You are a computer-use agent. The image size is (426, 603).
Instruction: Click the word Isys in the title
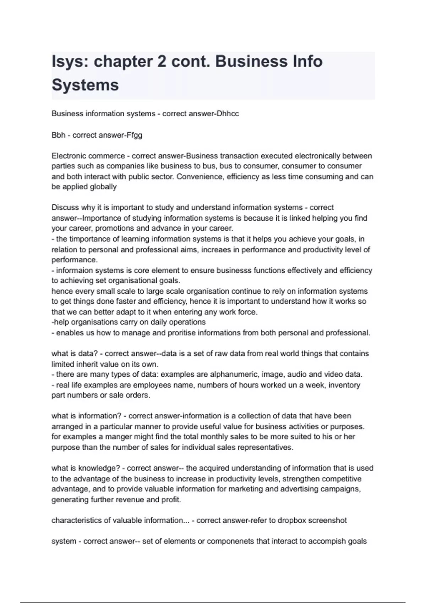coord(69,62)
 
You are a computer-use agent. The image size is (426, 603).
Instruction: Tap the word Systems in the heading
coord(85,85)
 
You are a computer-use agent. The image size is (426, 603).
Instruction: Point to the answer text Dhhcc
coord(228,114)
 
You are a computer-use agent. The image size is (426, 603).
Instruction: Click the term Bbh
coord(58,135)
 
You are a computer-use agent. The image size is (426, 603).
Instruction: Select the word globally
coord(103,187)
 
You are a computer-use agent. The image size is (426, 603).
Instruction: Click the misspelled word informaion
coord(73,270)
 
